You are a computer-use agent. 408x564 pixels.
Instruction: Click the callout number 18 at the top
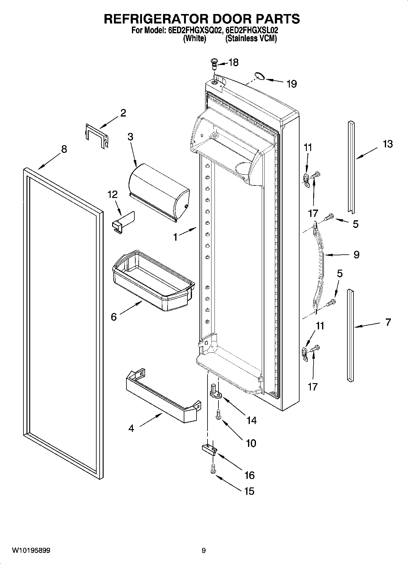pyautogui.click(x=233, y=63)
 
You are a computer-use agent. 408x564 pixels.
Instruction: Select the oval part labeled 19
pyautogui.click(x=260, y=76)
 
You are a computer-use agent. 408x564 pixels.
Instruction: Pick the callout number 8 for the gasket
pyautogui.click(x=64, y=149)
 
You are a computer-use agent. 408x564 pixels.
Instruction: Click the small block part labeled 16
pyautogui.click(x=209, y=449)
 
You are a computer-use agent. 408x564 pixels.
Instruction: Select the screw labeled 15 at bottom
pyautogui.click(x=213, y=469)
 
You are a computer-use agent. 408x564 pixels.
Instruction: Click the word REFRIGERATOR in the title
pyautogui.click(x=155, y=19)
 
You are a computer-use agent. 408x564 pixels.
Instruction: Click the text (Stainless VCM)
pyautogui.click(x=251, y=39)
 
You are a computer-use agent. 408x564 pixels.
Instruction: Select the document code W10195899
pyautogui.click(x=31, y=551)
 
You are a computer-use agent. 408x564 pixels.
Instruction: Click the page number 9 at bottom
pyautogui.click(x=204, y=551)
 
